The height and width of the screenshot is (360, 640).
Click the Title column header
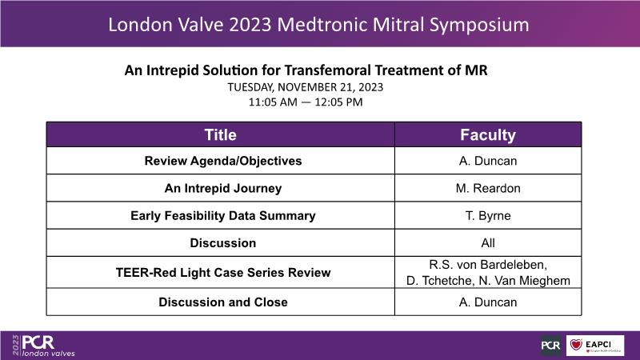pos(221,134)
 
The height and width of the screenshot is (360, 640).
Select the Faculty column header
pos(488,134)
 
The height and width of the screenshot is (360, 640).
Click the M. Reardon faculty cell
pos(488,188)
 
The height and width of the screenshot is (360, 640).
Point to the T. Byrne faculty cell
pos(488,215)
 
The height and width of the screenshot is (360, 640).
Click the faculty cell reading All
pos(488,243)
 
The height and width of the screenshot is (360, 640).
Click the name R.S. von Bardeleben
pos(488,265)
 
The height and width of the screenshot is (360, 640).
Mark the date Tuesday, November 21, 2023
pos(306,87)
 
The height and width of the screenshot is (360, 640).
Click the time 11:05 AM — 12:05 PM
pos(306,102)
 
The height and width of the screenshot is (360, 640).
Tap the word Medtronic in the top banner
pos(322,25)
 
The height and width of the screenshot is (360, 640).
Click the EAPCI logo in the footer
pos(595,346)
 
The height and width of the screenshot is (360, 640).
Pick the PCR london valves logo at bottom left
pos(44,346)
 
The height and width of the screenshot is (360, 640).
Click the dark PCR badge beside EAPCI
pos(550,346)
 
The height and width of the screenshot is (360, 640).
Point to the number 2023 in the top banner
pos(250,25)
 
